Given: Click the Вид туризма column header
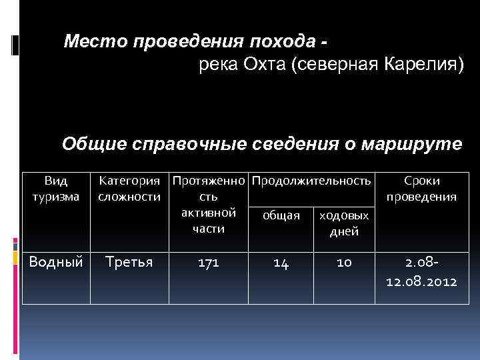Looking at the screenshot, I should (x=56, y=188).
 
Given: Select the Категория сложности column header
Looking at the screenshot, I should (x=129, y=188).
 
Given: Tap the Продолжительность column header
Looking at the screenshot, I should (x=311, y=181).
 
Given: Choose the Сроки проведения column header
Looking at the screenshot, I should (x=421, y=188).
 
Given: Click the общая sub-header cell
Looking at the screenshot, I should (x=280, y=215).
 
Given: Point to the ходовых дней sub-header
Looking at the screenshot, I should (x=344, y=223).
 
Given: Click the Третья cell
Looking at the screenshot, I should (x=129, y=262).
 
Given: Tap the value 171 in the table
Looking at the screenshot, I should (x=208, y=263).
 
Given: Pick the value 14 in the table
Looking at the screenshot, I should (x=281, y=263).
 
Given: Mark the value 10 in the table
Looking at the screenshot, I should (x=344, y=263).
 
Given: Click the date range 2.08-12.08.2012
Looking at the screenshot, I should (x=421, y=271).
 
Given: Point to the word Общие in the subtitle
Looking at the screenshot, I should (x=89, y=144).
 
